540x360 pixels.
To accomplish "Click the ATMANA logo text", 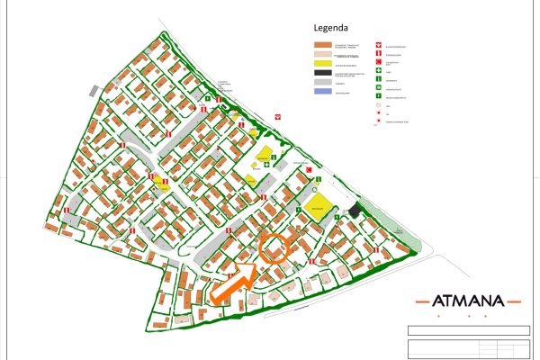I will (468, 301).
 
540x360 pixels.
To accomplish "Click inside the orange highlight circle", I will (274, 246).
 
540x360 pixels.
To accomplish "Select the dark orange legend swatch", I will (323, 45).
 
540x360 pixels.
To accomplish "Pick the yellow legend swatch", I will (323, 66).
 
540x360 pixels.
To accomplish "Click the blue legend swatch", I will (323, 92).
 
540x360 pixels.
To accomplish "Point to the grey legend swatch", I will (323, 84).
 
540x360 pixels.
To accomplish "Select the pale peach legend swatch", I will (323, 55).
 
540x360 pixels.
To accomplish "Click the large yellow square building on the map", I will (317, 205).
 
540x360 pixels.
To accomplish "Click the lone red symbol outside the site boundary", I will (279, 116).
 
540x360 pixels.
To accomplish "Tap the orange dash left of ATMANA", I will (424, 301).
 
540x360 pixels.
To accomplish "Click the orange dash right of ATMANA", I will (512, 301).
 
